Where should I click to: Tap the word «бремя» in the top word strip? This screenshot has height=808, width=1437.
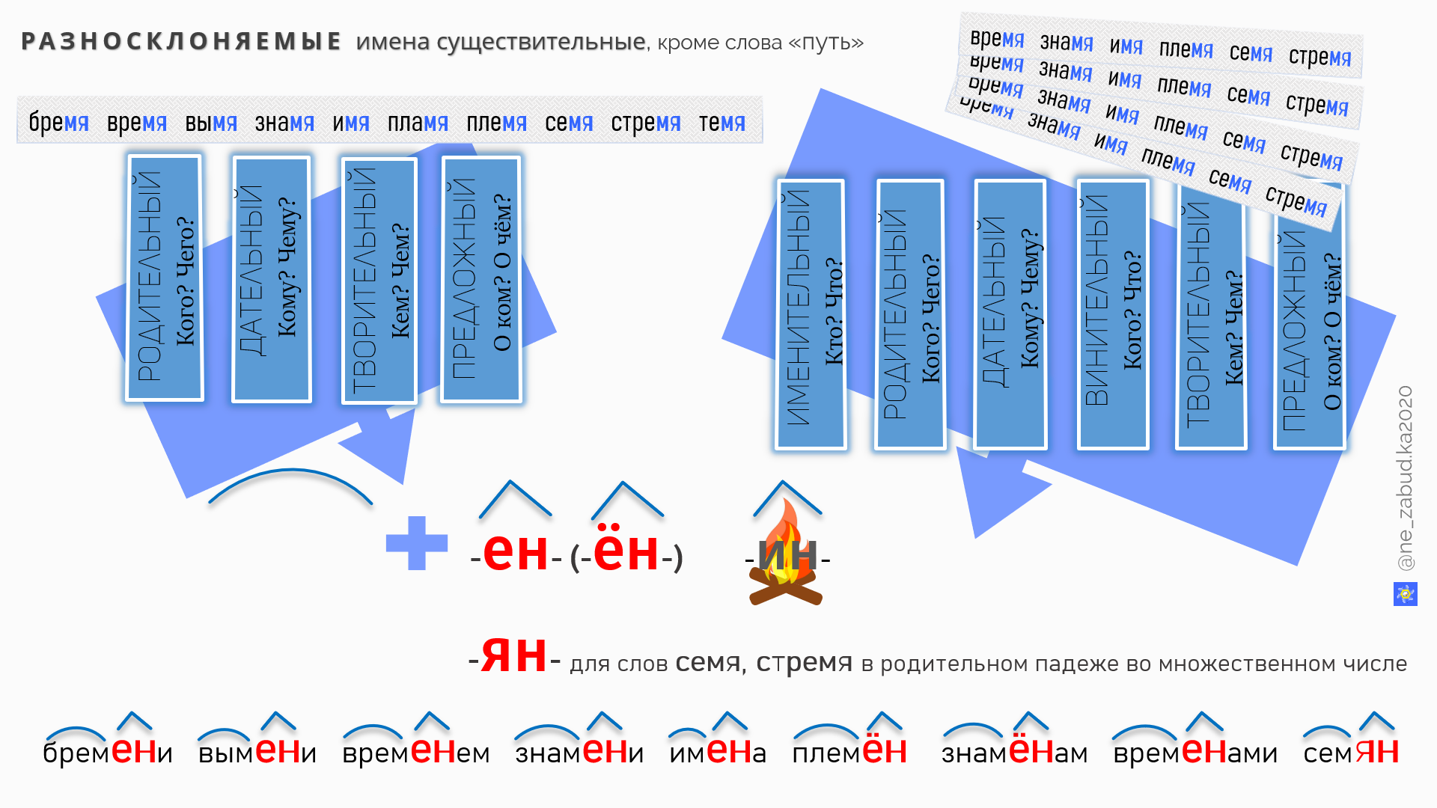[x=58, y=122]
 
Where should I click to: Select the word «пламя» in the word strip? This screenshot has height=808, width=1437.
[x=418, y=122]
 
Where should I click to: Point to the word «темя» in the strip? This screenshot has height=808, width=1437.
[x=721, y=122]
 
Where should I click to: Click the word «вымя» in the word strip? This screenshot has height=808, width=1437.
[x=211, y=122]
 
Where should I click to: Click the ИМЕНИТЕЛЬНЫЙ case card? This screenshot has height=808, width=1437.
[x=811, y=314]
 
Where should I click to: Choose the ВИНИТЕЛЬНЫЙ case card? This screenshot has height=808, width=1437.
[x=1113, y=314]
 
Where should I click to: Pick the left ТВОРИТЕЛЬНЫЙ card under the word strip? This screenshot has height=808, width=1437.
[x=379, y=281]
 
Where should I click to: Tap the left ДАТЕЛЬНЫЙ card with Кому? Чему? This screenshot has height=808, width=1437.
[x=271, y=279]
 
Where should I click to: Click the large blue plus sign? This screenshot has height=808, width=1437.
[x=416, y=543]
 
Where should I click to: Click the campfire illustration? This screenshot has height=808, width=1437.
[x=786, y=557]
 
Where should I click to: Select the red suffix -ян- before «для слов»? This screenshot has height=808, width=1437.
[x=513, y=656]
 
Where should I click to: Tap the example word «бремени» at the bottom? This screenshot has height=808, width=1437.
[x=108, y=751]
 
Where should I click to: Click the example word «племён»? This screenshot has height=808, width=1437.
[x=849, y=751]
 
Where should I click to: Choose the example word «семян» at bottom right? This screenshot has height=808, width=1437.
[x=1350, y=751]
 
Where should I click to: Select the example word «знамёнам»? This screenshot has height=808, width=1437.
[x=1014, y=751]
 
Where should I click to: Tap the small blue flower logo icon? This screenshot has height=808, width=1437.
[x=1405, y=594]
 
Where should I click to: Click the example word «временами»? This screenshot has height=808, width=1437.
[x=1195, y=751]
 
